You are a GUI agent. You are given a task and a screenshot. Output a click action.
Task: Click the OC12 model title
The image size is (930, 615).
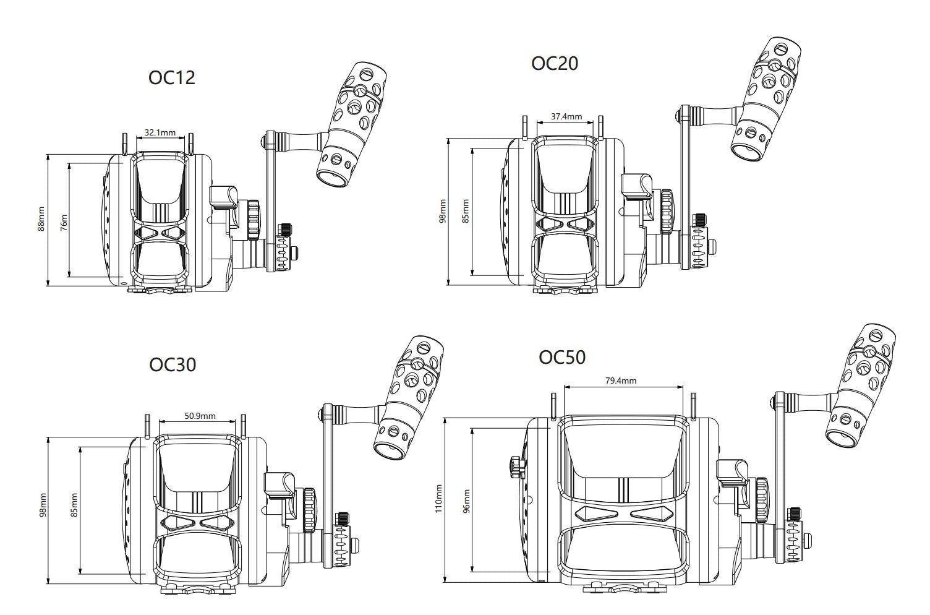click(x=172, y=77)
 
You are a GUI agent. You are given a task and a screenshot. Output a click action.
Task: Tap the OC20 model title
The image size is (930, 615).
click(x=555, y=63)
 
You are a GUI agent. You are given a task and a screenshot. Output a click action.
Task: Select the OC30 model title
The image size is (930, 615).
click(x=173, y=364)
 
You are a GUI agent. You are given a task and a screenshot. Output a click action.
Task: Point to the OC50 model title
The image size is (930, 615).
click(x=562, y=358)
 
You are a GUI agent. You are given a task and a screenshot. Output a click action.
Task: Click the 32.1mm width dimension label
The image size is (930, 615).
click(x=160, y=132)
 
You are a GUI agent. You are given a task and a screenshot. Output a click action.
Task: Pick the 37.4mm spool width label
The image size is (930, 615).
click(x=566, y=116)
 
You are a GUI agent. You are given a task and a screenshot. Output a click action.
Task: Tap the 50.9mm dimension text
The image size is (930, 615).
click(x=200, y=416)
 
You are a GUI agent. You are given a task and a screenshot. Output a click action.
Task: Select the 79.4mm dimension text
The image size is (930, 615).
click(x=620, y=381)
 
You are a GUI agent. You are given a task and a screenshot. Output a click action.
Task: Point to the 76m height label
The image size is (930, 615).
click(x=64, y=220)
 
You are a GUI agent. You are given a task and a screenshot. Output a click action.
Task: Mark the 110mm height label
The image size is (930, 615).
click(x=439, y=499)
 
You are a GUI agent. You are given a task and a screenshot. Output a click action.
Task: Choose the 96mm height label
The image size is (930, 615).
click(x=466, y=501)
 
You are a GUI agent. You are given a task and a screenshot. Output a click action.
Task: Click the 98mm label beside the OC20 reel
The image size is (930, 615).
click(x=443, y=212)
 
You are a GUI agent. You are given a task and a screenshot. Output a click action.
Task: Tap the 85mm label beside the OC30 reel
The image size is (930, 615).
click(x=74, y=504)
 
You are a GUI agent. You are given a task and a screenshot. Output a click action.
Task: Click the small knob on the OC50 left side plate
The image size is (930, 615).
click(x=514, y=466)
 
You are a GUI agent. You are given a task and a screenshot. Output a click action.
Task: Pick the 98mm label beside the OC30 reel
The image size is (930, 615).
click(x=43, y=504)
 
